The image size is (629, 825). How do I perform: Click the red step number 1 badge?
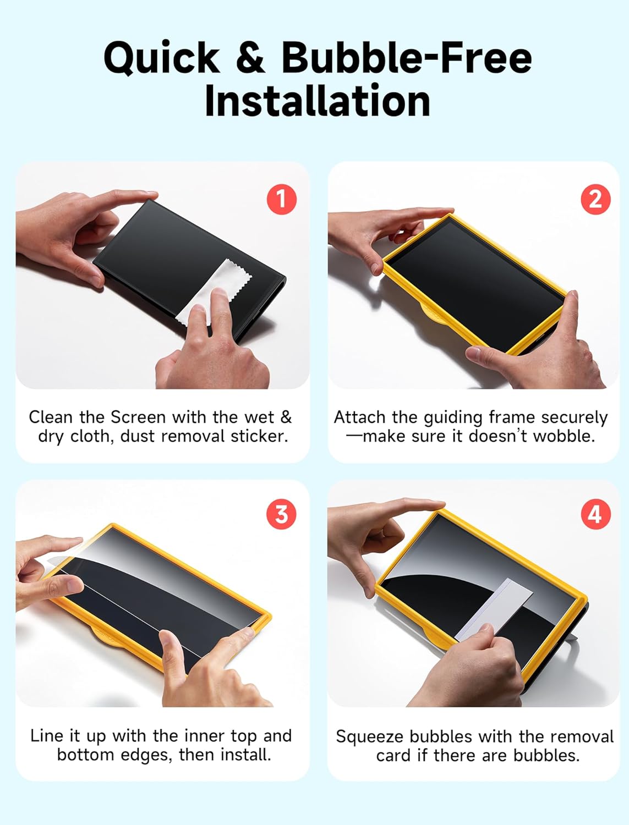tap(282, 199)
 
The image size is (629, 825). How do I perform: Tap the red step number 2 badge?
tap(595, 199)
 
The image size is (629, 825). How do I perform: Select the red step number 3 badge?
tap(282, 514)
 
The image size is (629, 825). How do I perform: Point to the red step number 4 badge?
tap(595, 514)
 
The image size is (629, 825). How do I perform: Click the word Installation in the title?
tap(317, 101)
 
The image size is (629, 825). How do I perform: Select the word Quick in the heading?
tap(162, 58)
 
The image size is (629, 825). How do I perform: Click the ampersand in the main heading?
tap(251, 58)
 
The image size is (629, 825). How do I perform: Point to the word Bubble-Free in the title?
tap(407, 58)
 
